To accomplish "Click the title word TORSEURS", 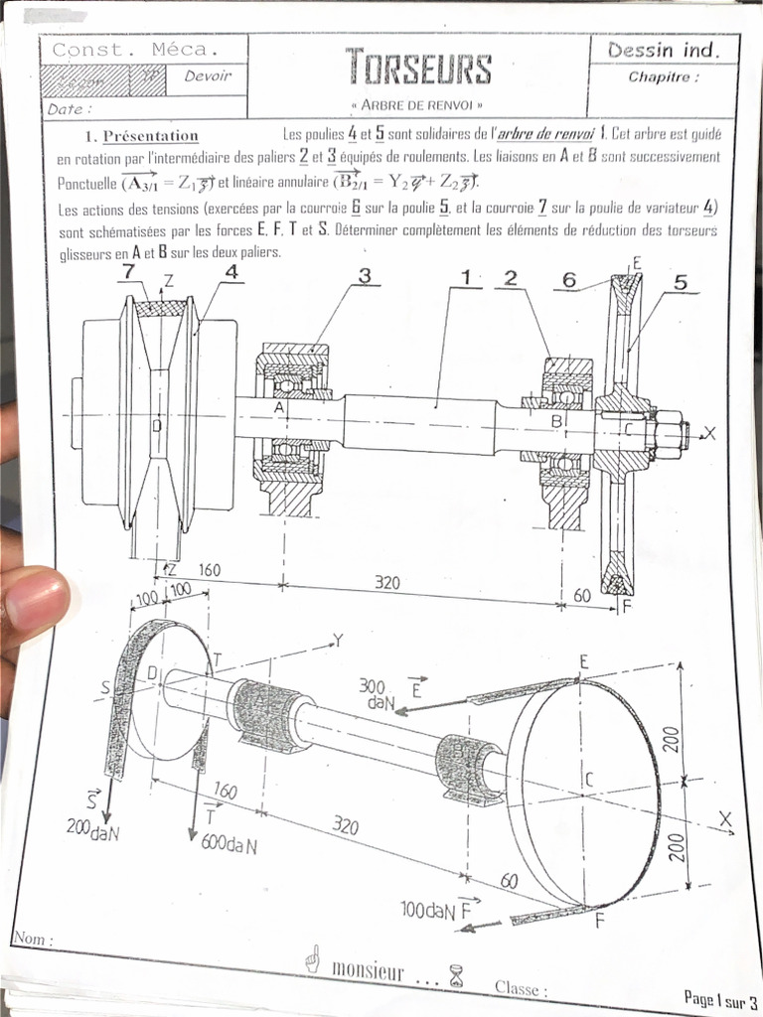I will [418, 69].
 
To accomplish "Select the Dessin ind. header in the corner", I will [662, 49].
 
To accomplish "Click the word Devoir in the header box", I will [207, 76].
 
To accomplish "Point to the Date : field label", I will [70, 109].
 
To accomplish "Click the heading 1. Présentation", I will [141, 136].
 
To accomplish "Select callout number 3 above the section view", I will [364, 277].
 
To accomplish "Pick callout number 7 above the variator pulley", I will [129, 271].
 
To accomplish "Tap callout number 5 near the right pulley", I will [681, 281].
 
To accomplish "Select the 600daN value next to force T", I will [230, 844].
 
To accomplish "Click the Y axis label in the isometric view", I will [338, 641].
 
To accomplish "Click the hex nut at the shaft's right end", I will [669, 433].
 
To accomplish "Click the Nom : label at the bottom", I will [34, 939].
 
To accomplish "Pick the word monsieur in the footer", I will [368, 970].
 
